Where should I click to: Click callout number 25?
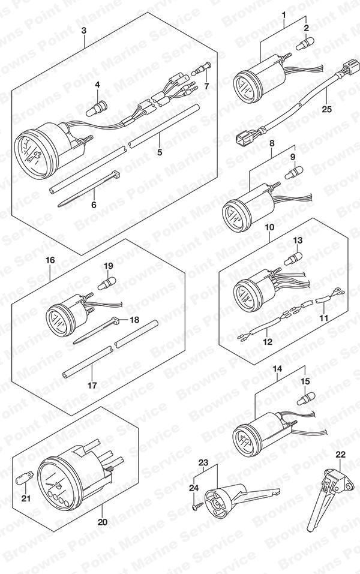click(x=326, y=109)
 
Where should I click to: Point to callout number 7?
click(x=206, y=86)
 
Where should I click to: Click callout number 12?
click(x=268, y=341)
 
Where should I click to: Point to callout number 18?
click(x=134, y=320)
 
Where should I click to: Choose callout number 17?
click(x=92, y=386)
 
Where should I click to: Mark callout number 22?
click(x=340, y=455)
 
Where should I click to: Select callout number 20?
click(x=103, y=522)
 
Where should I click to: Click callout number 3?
click(x=84, y=30)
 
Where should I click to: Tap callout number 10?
click(x=269, y=227)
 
